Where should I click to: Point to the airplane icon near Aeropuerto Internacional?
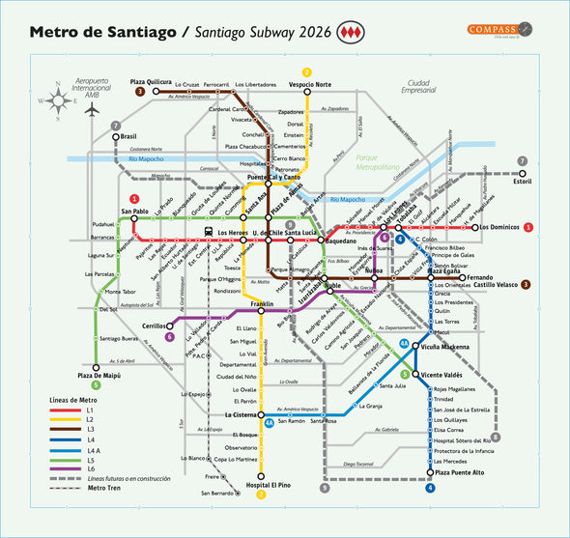point(93,110)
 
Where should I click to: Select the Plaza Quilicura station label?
point(178,82)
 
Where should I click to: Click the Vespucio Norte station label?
point(309,85)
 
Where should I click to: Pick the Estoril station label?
point(523,181)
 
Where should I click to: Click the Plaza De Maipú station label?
point(100,374)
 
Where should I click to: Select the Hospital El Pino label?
point(267,484)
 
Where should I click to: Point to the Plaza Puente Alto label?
point(459,472)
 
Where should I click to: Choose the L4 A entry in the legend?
point(94,450)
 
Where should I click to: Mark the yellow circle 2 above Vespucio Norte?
point(307,72)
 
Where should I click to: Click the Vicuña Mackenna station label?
point(445,346)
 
